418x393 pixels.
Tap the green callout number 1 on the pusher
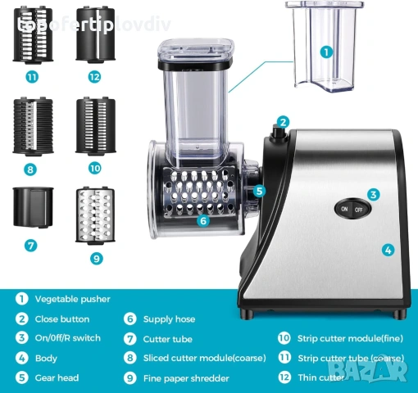[325, 52]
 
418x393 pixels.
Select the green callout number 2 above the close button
[284, 122]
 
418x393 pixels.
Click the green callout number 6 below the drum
[204, 219]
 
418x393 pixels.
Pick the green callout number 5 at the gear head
[259, 191]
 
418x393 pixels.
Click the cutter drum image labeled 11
[31, 35]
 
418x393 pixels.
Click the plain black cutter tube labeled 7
[32, 209]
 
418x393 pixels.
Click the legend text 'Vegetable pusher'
[72, 300]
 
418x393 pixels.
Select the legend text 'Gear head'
[57, 378]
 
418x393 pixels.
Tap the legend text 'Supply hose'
[170, 319]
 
